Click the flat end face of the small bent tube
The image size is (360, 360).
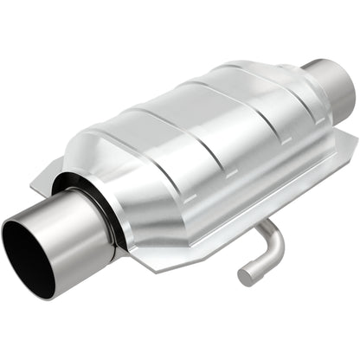pos(245,276)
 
